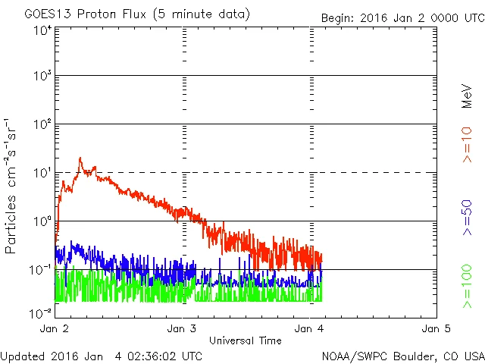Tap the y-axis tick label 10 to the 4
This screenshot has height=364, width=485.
(x=42, y=30)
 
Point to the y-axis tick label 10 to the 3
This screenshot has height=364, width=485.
(x=42, y=77)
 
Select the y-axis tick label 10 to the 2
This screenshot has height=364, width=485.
(x=42, y=126)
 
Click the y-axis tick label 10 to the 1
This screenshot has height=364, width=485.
(x=42, y=174)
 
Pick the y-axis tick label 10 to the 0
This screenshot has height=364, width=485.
(x=42, y=222)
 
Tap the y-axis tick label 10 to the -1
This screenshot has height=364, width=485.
(x=41, y=271)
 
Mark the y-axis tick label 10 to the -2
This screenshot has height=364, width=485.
(x=41, y=312)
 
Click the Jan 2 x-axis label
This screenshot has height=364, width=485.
(x=55, y=329)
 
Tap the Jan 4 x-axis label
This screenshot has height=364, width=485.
(x=309, y=329)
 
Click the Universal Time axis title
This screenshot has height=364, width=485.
(x=246, y=340)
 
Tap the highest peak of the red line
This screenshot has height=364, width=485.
(x=80, y=158)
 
